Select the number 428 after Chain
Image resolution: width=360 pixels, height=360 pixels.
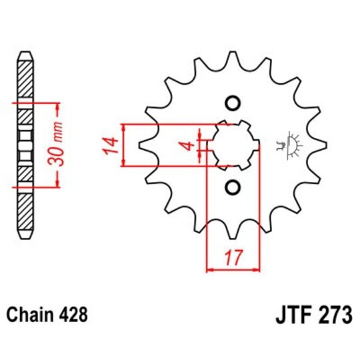pos(74,313)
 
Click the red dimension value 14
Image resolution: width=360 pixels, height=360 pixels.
pos(112,145)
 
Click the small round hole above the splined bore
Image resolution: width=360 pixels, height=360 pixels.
pos(233,103)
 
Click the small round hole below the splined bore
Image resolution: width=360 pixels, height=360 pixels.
pos(233,187)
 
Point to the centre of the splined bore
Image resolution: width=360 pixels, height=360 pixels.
pos(233,145)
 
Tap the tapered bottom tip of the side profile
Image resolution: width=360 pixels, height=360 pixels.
pos(25,237)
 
